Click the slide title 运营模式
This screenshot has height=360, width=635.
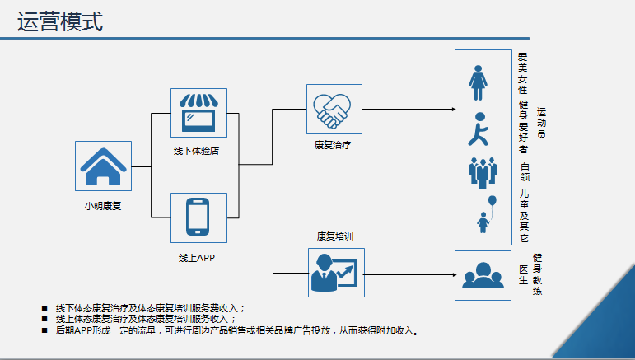(x=60, y=21)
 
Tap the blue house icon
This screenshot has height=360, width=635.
(x=103, y=166)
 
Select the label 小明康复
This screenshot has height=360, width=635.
(x=103, y=206)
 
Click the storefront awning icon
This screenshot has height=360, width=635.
(x=198, y=113)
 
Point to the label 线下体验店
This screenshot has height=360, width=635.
(x=196, y=151)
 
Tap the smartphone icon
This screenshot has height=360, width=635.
(x=198, y=217)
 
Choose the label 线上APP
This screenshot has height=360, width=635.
(x=197, y=258)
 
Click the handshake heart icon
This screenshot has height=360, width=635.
(x=332, y=111)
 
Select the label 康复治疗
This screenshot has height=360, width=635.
(x=333, y=145)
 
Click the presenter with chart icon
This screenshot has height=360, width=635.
(x=334, y=273)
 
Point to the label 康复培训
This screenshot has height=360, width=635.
(x=335, y=236)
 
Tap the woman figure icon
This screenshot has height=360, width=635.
(x=479, y=82)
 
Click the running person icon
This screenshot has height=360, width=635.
(x=479, y=129)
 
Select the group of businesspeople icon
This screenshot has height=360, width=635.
(x=483, y=173)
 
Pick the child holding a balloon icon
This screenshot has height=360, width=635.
(x=487, y=214)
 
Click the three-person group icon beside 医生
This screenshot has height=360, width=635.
(x=483, y=275)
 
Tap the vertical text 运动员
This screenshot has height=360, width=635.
(x=541, y=123)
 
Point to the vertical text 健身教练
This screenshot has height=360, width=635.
(x=537, y=274)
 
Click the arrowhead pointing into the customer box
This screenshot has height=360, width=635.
(x=454, y=110)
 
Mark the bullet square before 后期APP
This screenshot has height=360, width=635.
(x=44, y=330)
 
